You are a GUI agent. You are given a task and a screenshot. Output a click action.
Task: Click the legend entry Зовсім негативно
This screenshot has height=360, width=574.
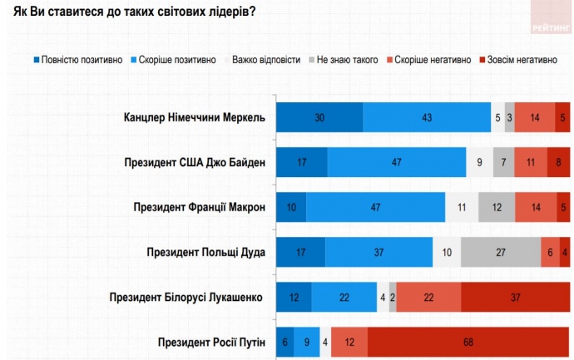(x=519, y=60)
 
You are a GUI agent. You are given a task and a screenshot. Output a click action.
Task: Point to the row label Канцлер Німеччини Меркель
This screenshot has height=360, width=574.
(x=194, y=117)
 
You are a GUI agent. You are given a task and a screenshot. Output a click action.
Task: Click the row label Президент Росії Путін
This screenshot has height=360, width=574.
(x=211, y=342)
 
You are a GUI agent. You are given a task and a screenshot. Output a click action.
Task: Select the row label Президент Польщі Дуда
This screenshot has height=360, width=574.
(x=205, y=252)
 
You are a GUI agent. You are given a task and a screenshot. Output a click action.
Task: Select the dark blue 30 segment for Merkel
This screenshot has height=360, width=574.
(x=319, y=117)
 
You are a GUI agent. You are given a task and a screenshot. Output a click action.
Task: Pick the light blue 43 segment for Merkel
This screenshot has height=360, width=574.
(x=427, y=117)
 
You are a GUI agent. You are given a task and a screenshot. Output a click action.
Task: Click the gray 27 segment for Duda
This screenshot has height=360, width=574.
(x=500, y=252)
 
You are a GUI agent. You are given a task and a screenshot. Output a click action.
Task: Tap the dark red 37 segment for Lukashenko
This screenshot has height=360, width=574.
(x=515, y=297)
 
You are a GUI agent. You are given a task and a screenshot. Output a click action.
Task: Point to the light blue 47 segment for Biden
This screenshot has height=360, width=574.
(x=397, y=162)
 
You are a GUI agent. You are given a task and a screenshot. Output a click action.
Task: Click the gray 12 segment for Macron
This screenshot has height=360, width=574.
(x=497, y=207)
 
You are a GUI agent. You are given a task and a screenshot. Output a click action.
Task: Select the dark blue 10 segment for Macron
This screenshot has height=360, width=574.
(x=291, y=207)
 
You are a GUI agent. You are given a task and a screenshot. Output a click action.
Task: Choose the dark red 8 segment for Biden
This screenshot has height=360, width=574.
(x=558, y=162)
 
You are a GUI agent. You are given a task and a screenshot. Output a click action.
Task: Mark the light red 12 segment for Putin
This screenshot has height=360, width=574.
(x=349, y=342)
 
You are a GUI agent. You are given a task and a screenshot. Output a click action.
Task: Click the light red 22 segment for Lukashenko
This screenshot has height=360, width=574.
(x=428, y=297)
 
